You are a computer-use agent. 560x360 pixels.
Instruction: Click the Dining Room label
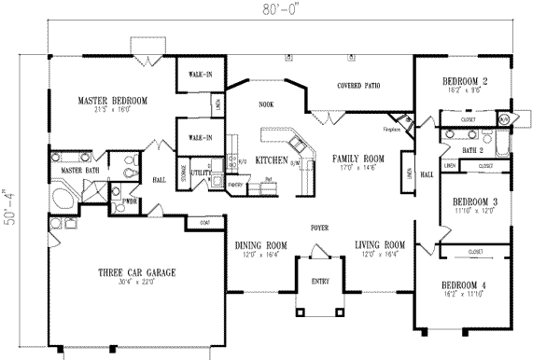pyautogui.click(x=259, y=245)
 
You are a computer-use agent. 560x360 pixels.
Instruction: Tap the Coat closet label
pyautogui.click(x=204, y=223)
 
